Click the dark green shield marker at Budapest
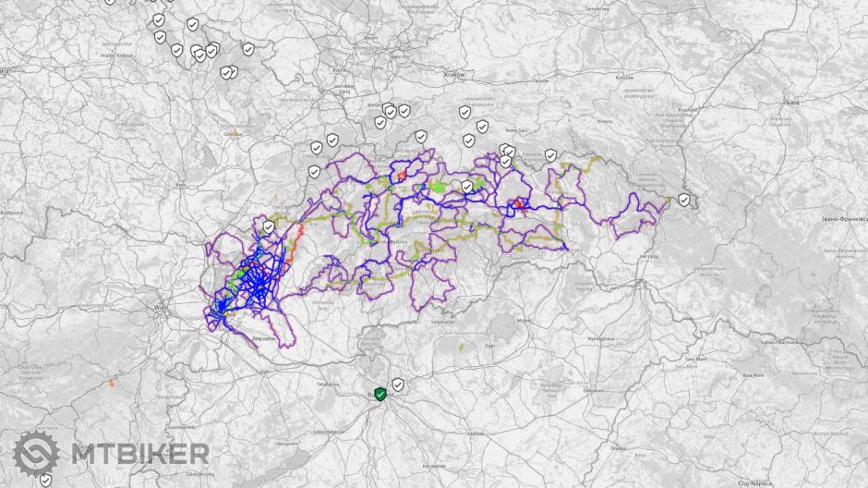pos(380,394)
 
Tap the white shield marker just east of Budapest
pos(398,384)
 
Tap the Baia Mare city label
pos(753,375)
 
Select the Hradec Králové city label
pos(116,55)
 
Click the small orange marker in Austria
pos(112,382)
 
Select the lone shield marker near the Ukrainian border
pos(683,200)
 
